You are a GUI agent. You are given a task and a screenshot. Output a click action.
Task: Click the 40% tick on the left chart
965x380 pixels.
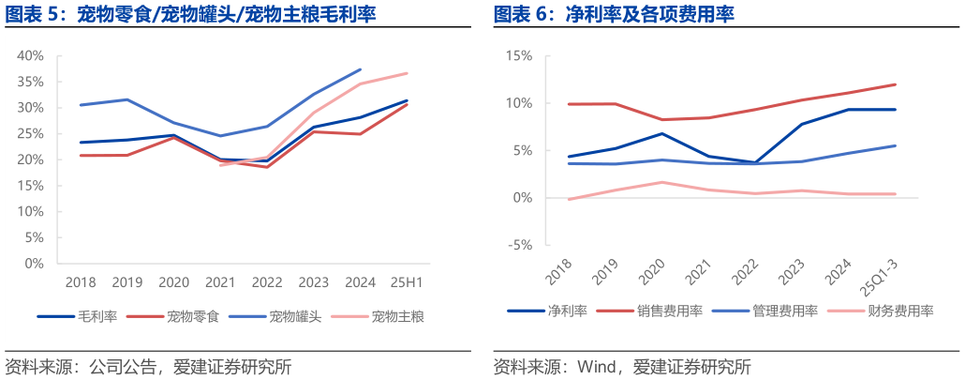[30, 55]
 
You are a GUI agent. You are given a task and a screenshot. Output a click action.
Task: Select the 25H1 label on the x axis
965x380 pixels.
[407, 282]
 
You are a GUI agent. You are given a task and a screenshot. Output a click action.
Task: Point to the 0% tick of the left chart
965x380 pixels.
[34, 264]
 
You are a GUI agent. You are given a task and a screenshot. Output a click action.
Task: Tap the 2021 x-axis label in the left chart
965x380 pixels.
[220, 282]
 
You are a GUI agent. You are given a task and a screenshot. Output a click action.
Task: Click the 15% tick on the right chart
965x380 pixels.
[518, 55]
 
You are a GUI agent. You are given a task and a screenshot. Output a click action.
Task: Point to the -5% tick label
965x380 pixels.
[518, 246]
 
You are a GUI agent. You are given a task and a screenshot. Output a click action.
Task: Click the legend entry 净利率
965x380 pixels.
[567, 312]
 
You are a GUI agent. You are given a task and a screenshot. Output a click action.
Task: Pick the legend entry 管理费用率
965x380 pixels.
[784, 312]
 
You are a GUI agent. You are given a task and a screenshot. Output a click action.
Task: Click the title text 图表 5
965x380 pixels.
[36, 15]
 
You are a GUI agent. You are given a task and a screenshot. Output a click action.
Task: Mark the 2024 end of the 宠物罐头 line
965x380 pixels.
[361, 69]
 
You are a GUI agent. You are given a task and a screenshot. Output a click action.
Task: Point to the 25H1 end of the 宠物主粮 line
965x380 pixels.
[407, 73]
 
